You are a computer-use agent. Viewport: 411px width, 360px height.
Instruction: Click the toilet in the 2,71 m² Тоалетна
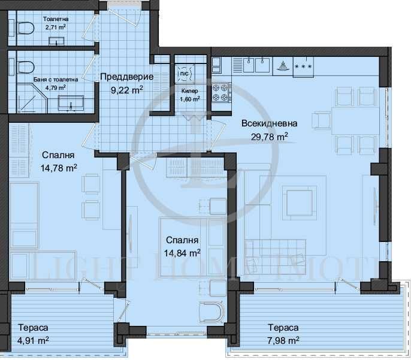point(24,28)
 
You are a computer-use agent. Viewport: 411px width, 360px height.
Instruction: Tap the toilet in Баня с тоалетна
point(25,66)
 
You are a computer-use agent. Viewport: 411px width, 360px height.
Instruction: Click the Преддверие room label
point(126,77)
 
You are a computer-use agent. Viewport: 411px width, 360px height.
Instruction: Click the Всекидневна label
point(269,123)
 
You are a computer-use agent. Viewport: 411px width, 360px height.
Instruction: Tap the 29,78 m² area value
point(269,136)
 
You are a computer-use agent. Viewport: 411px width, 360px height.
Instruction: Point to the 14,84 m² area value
point(183,253)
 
